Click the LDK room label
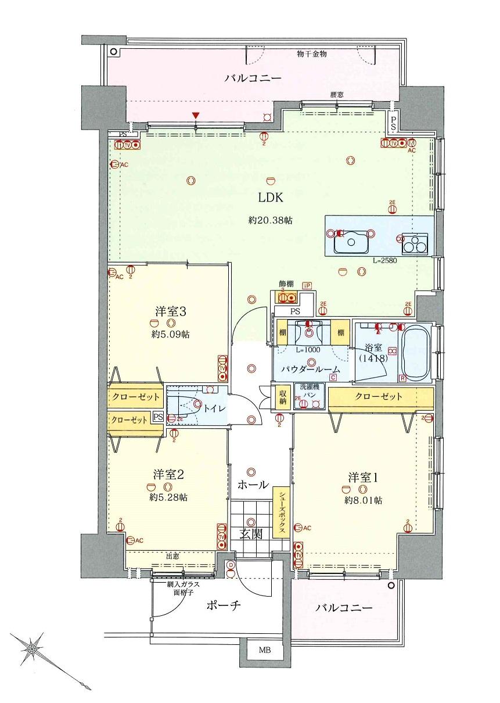pos(271,198)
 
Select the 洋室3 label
pos(170,311)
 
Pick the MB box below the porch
pos(264,650)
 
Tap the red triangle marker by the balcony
pos(196,116)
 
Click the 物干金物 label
pos(312,54)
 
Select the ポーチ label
pos(222,605)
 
